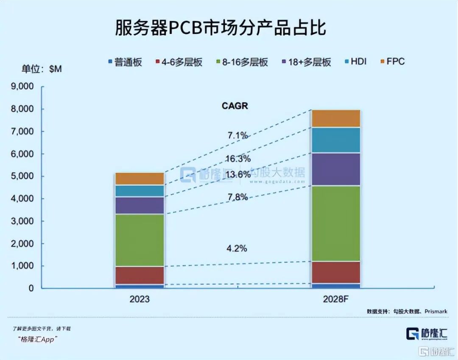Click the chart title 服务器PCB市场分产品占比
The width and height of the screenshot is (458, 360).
[221, 28]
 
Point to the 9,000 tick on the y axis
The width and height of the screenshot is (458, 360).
[22, 87]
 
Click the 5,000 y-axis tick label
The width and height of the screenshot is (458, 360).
[22, 176]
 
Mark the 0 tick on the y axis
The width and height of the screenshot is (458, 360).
[31, 288]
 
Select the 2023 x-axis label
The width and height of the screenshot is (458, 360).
[140, 299]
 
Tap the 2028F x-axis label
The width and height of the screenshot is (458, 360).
[335, 299]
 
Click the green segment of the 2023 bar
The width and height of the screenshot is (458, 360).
[140, 240]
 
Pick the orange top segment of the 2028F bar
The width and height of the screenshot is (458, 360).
[335, 118]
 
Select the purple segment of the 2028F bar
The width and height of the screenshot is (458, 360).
[335, 169]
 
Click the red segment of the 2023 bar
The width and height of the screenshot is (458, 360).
[140, 275]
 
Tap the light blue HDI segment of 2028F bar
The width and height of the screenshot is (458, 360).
[335, 140]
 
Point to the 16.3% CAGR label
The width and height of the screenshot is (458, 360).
[238, 159]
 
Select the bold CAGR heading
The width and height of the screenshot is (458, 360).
[235, 106]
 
